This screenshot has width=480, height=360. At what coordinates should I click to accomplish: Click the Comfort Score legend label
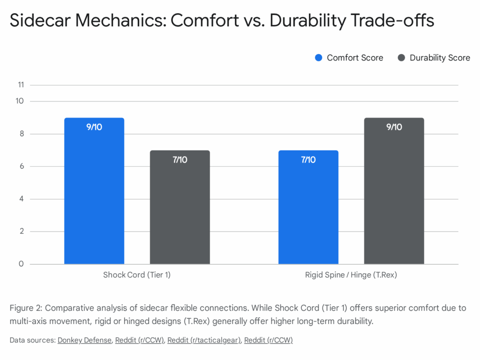click(x=355, y=58)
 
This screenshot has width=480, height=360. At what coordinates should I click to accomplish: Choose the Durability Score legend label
click(x=440, y=58)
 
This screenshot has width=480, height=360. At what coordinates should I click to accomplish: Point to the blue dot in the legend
click(x=319, y=58)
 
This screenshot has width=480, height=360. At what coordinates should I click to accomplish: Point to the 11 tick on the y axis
click(x=20, y=85)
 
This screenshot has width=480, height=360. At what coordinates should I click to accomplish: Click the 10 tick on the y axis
click(x=20, y=101)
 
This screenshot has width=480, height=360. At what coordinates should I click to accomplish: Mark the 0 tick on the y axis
click(x=21, y=264)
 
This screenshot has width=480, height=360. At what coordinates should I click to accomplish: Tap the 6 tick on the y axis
click(x=21, y=166)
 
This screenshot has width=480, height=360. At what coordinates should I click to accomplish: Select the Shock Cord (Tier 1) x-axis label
click(x=137, y=275)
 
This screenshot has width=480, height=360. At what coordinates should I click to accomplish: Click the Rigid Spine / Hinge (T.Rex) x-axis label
click(x=351, y=275)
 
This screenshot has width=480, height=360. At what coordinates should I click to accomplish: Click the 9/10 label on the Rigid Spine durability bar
click(x=394, y=127)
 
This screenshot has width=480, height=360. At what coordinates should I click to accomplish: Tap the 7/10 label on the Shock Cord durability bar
click(x=180, y=160)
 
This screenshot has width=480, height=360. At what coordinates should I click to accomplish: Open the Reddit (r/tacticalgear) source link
click(x=203, y=340)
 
